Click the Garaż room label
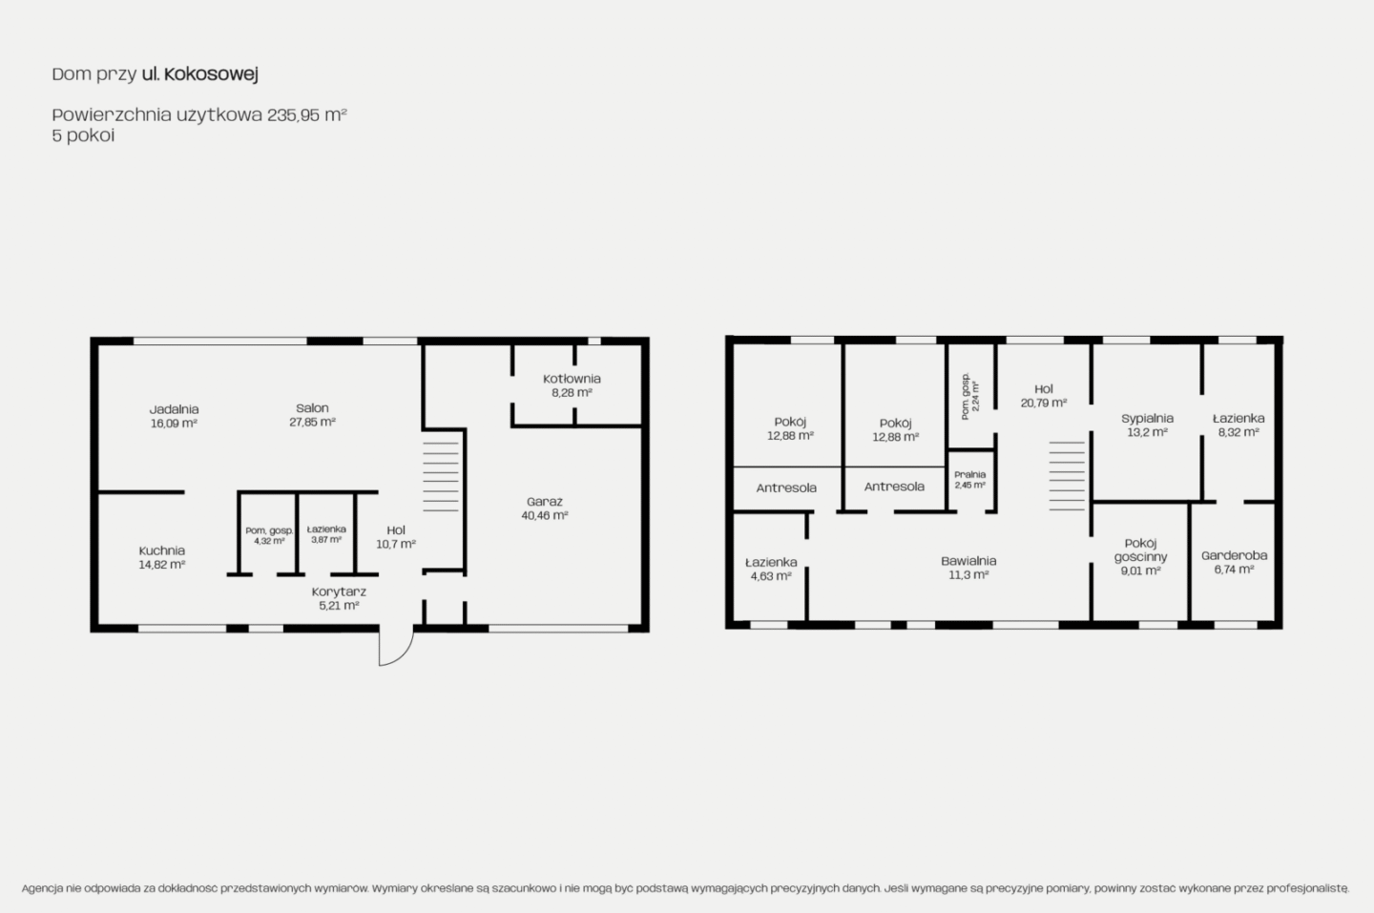[x=544, y=502]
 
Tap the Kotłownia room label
[x=572, y=379]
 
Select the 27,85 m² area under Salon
[x=312, y=422]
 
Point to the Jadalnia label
[x=175, y=409]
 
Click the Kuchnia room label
[x=162, y=550]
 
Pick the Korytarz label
[x=339, y=591]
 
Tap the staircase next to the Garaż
[x=441, y=473]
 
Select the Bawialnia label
[x=968, y=561]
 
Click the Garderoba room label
[x=1234, y=555]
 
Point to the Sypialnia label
[x=1147, y=419]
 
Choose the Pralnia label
[x=969, y=474]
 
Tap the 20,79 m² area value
[x=1044, y=403]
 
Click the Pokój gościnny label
[x=1140, y=550]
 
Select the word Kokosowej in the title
[x=211, y=74]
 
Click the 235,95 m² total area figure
[x=306, y=114]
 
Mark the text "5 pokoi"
[x=83, y=135]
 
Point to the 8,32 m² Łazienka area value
[x=1239, y=431]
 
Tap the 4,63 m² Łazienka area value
[x=771, y=576]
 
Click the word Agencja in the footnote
[x=42, y=888]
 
